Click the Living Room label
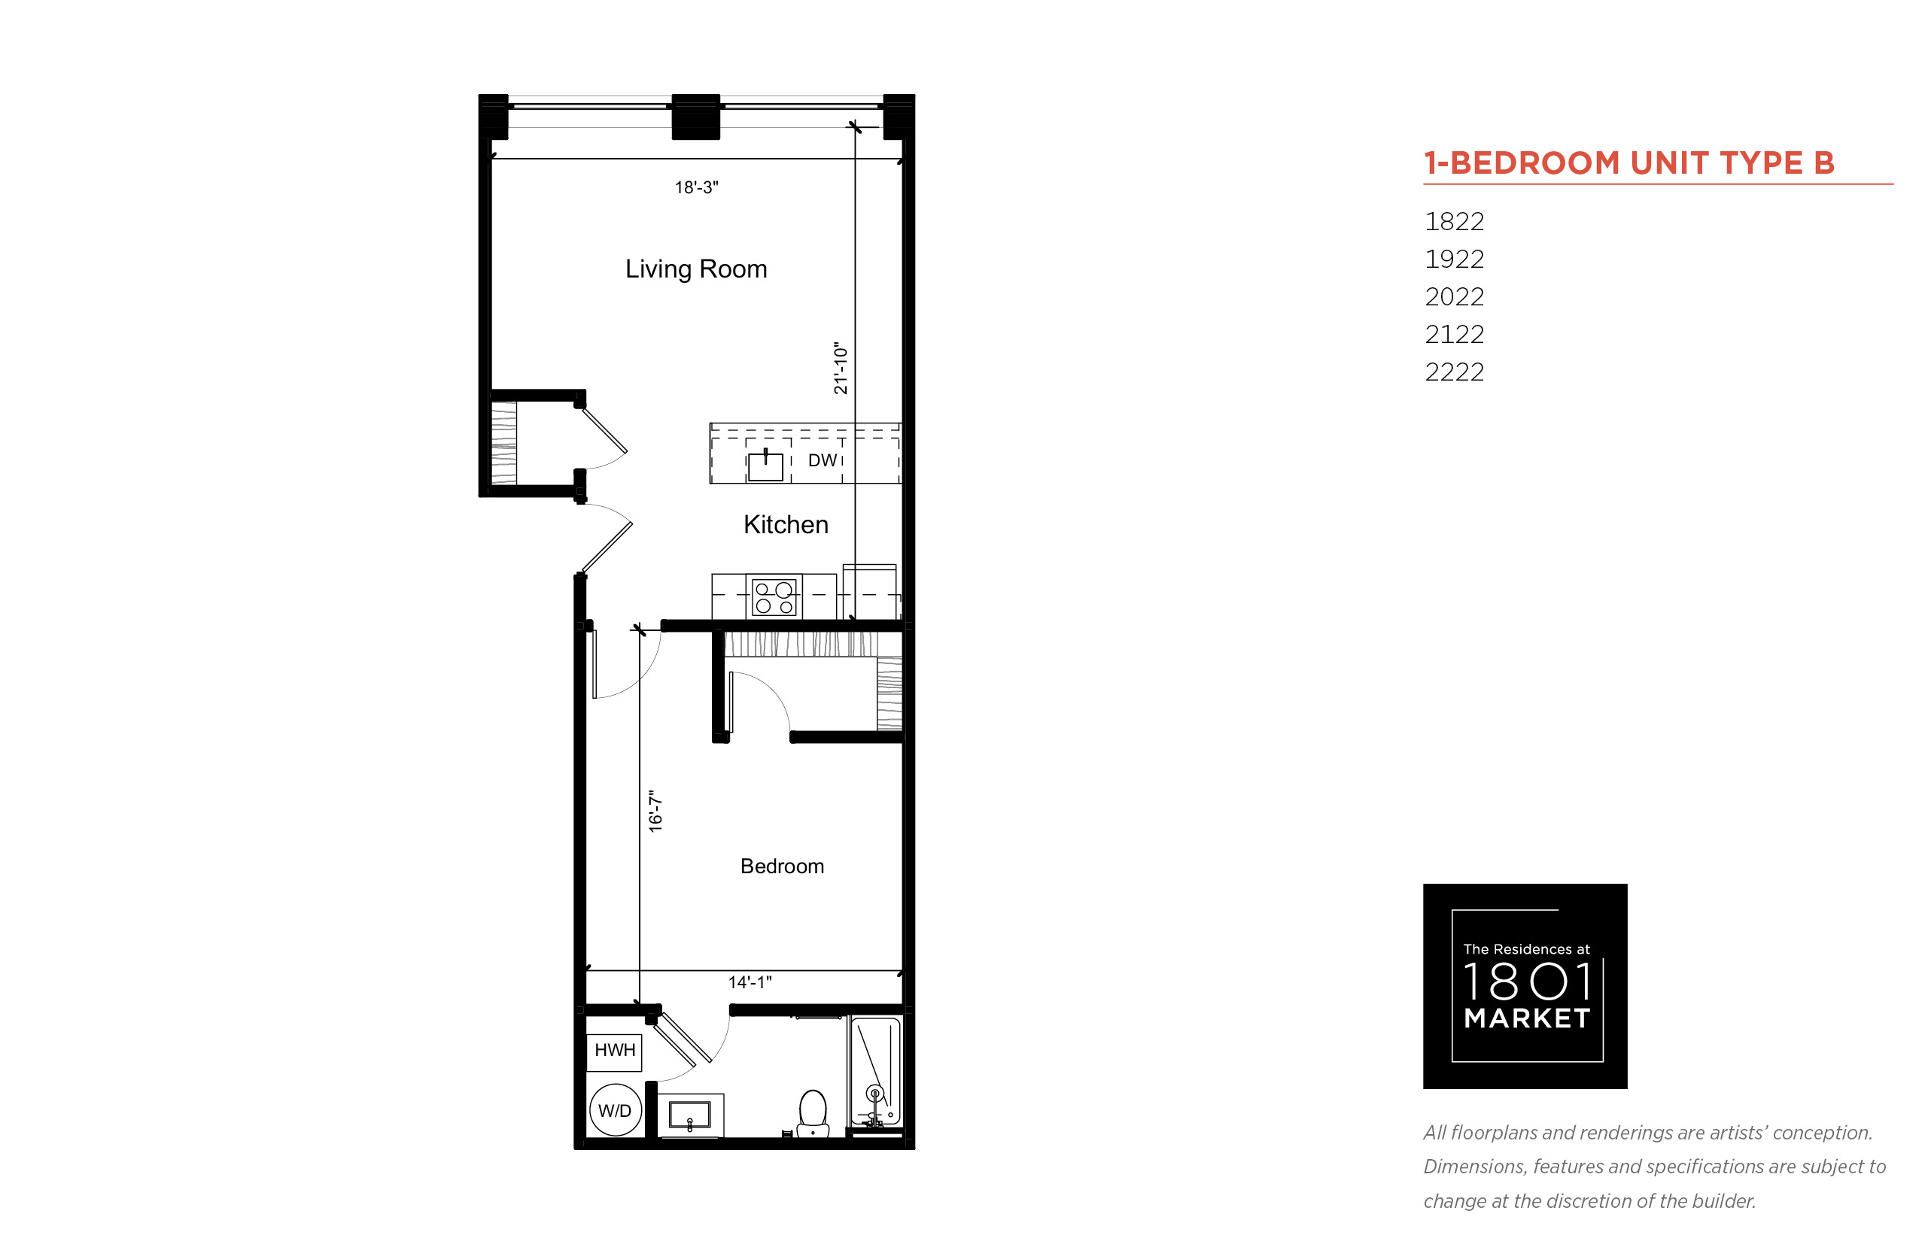coord(696,269)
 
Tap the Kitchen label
coord(786,525)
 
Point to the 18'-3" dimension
coord(697,187)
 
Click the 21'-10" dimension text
coord(841,369)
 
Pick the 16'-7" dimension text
coord(655,811)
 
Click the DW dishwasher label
coord(823,460)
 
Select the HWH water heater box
coord(614,1052)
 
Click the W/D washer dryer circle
coord(615,1111)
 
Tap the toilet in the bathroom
coord(812,1114)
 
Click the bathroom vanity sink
coord(690,1115)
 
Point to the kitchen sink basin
coord(765,466)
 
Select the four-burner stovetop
coord(774,598)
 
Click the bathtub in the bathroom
coord(875,1072)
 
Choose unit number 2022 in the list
coord(1454,297)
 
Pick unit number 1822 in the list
coord(1454,222)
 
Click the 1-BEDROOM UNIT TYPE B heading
coord(1628,163)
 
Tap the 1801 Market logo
coord(1525,986)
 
